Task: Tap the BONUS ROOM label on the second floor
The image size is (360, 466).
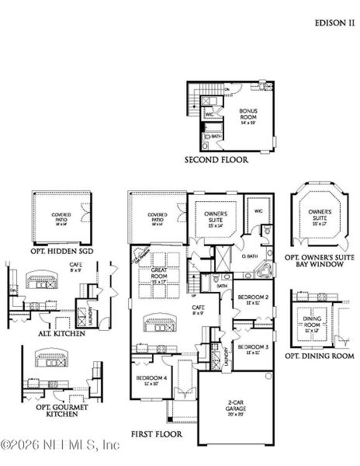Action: coord(247,114)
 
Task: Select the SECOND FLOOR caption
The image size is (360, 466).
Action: coord(216,160)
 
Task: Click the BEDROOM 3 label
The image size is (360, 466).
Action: coord(252,349)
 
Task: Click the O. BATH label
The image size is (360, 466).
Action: coord(251,256)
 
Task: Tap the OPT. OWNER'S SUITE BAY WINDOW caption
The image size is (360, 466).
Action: coord(319,260)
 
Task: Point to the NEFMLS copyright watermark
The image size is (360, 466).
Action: coord(59,445)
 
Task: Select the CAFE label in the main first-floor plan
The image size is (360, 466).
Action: coord(199,310)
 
